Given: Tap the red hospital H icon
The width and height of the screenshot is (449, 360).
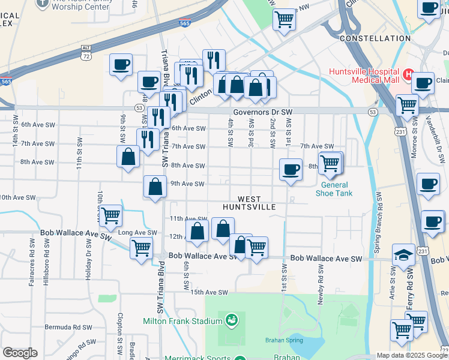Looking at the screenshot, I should (x=408, y=74).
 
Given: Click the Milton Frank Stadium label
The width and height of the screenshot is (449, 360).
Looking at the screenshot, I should (x=183, y=321).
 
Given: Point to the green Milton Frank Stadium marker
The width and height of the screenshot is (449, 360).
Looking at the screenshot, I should (x=231, y=321).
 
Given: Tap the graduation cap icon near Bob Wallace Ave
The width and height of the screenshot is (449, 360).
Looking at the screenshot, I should (x=403, y=254).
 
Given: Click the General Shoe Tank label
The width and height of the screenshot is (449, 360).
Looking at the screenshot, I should (x=334, y=189).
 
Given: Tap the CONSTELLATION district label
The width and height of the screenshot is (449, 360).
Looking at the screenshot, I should (x=375, y=38).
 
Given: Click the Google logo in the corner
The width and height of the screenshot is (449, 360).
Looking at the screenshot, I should (x=20, y=353).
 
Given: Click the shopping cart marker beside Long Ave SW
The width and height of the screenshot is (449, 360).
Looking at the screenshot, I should (x=141, y=246).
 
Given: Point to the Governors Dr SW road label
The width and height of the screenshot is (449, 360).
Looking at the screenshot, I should (x=262, y=112).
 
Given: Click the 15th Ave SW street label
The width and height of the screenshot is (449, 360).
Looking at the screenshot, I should (x=209, y=292).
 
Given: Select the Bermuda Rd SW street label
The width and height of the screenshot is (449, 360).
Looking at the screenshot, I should (x=68, y=327).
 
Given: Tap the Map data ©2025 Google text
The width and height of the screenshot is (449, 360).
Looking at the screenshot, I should (x=412, y=355).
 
